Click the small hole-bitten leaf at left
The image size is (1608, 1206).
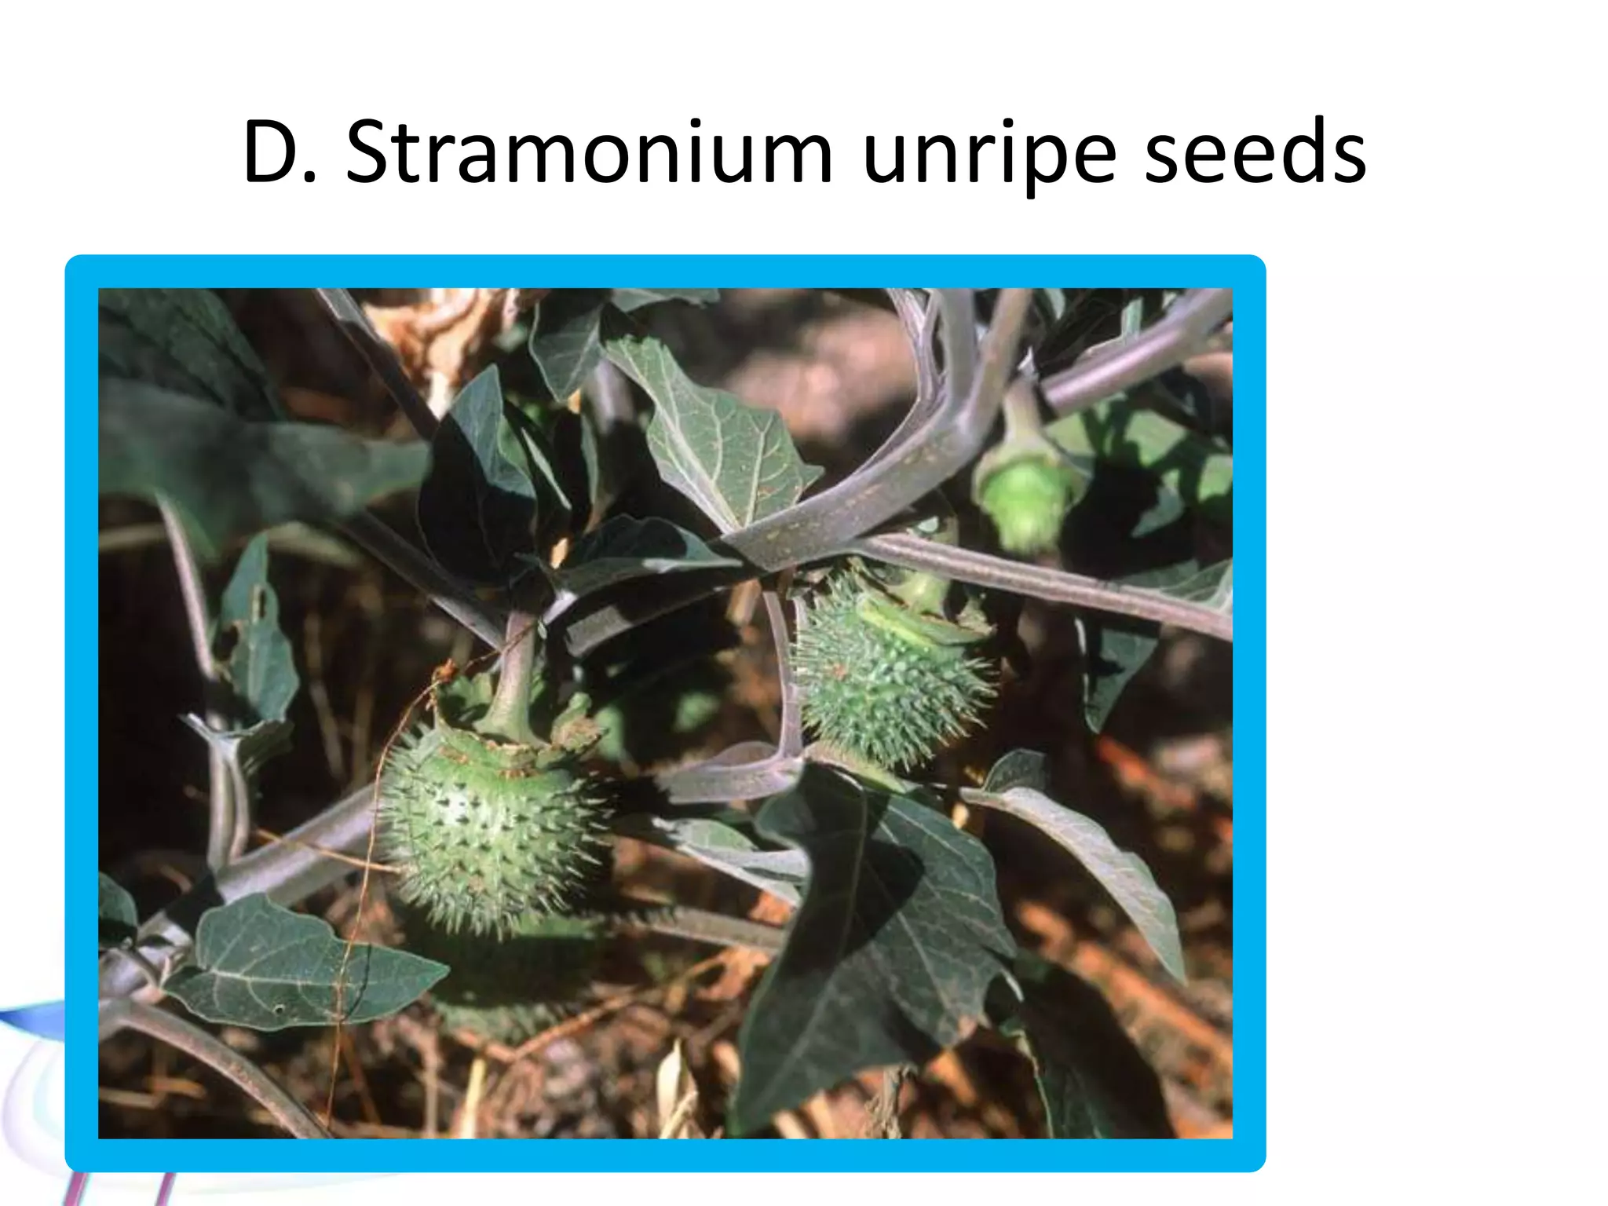[x=255, y=636]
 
